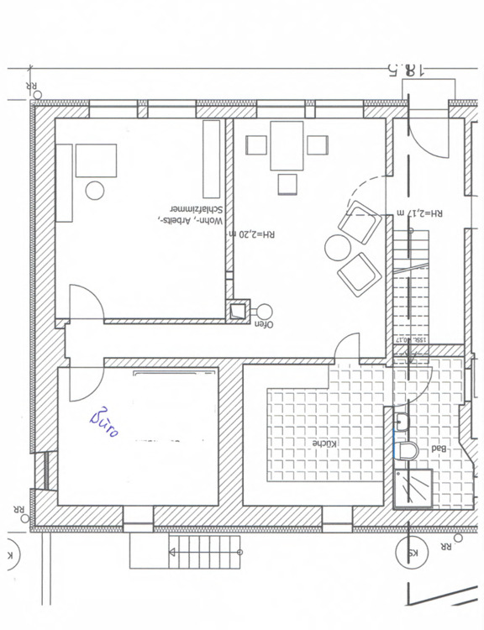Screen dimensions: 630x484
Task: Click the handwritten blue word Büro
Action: tap(104, 423)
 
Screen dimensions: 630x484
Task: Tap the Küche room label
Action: tap(324, 443)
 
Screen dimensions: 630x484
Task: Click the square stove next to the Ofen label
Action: tap(237, 310)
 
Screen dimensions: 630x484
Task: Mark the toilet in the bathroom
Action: tap(408, 450)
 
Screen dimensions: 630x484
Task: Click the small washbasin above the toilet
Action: tap(402, 421)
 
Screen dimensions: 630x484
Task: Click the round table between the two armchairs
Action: tap(338, 247)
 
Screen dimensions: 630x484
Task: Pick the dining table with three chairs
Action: tap(287, 145)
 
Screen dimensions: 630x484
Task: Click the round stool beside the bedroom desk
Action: tap(95, 191)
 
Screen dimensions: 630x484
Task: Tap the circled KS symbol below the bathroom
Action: tap(406, 554)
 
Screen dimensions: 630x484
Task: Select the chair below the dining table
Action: tap(287, 184)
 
